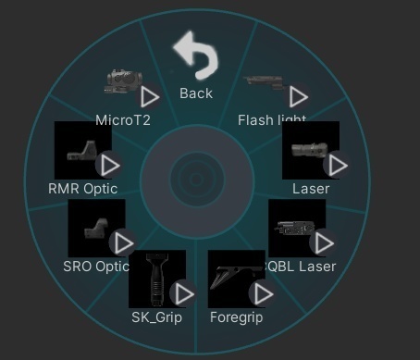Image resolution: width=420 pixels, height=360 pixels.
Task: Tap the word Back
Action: [196, 93]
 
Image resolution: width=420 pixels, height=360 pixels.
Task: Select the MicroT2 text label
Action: [123, 120]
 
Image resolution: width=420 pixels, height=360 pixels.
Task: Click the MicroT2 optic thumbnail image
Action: [121, 82]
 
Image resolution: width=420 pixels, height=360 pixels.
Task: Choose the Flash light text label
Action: [272, 120]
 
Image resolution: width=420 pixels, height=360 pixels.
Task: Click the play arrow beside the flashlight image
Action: [298, 96]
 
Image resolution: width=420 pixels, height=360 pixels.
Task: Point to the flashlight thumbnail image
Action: [265, 82]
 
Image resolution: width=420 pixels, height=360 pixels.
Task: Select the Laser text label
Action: [311, 189]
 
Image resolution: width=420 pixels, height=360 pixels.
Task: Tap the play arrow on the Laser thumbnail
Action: [338, 165]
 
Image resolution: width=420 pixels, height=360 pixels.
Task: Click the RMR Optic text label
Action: [83, 189]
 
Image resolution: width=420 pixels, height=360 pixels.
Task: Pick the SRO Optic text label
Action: [96, 267]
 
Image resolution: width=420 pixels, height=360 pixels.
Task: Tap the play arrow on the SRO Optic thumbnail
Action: [122, 243]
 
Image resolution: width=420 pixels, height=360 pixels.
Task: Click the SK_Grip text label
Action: [157, 317]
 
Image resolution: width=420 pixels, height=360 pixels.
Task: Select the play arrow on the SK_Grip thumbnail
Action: [184, 294]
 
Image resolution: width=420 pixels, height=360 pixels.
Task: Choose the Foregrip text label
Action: [237, 317]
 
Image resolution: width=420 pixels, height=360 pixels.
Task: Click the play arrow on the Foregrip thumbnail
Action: [263, 294]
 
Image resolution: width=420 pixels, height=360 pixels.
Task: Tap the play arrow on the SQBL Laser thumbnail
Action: [323, 243]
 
